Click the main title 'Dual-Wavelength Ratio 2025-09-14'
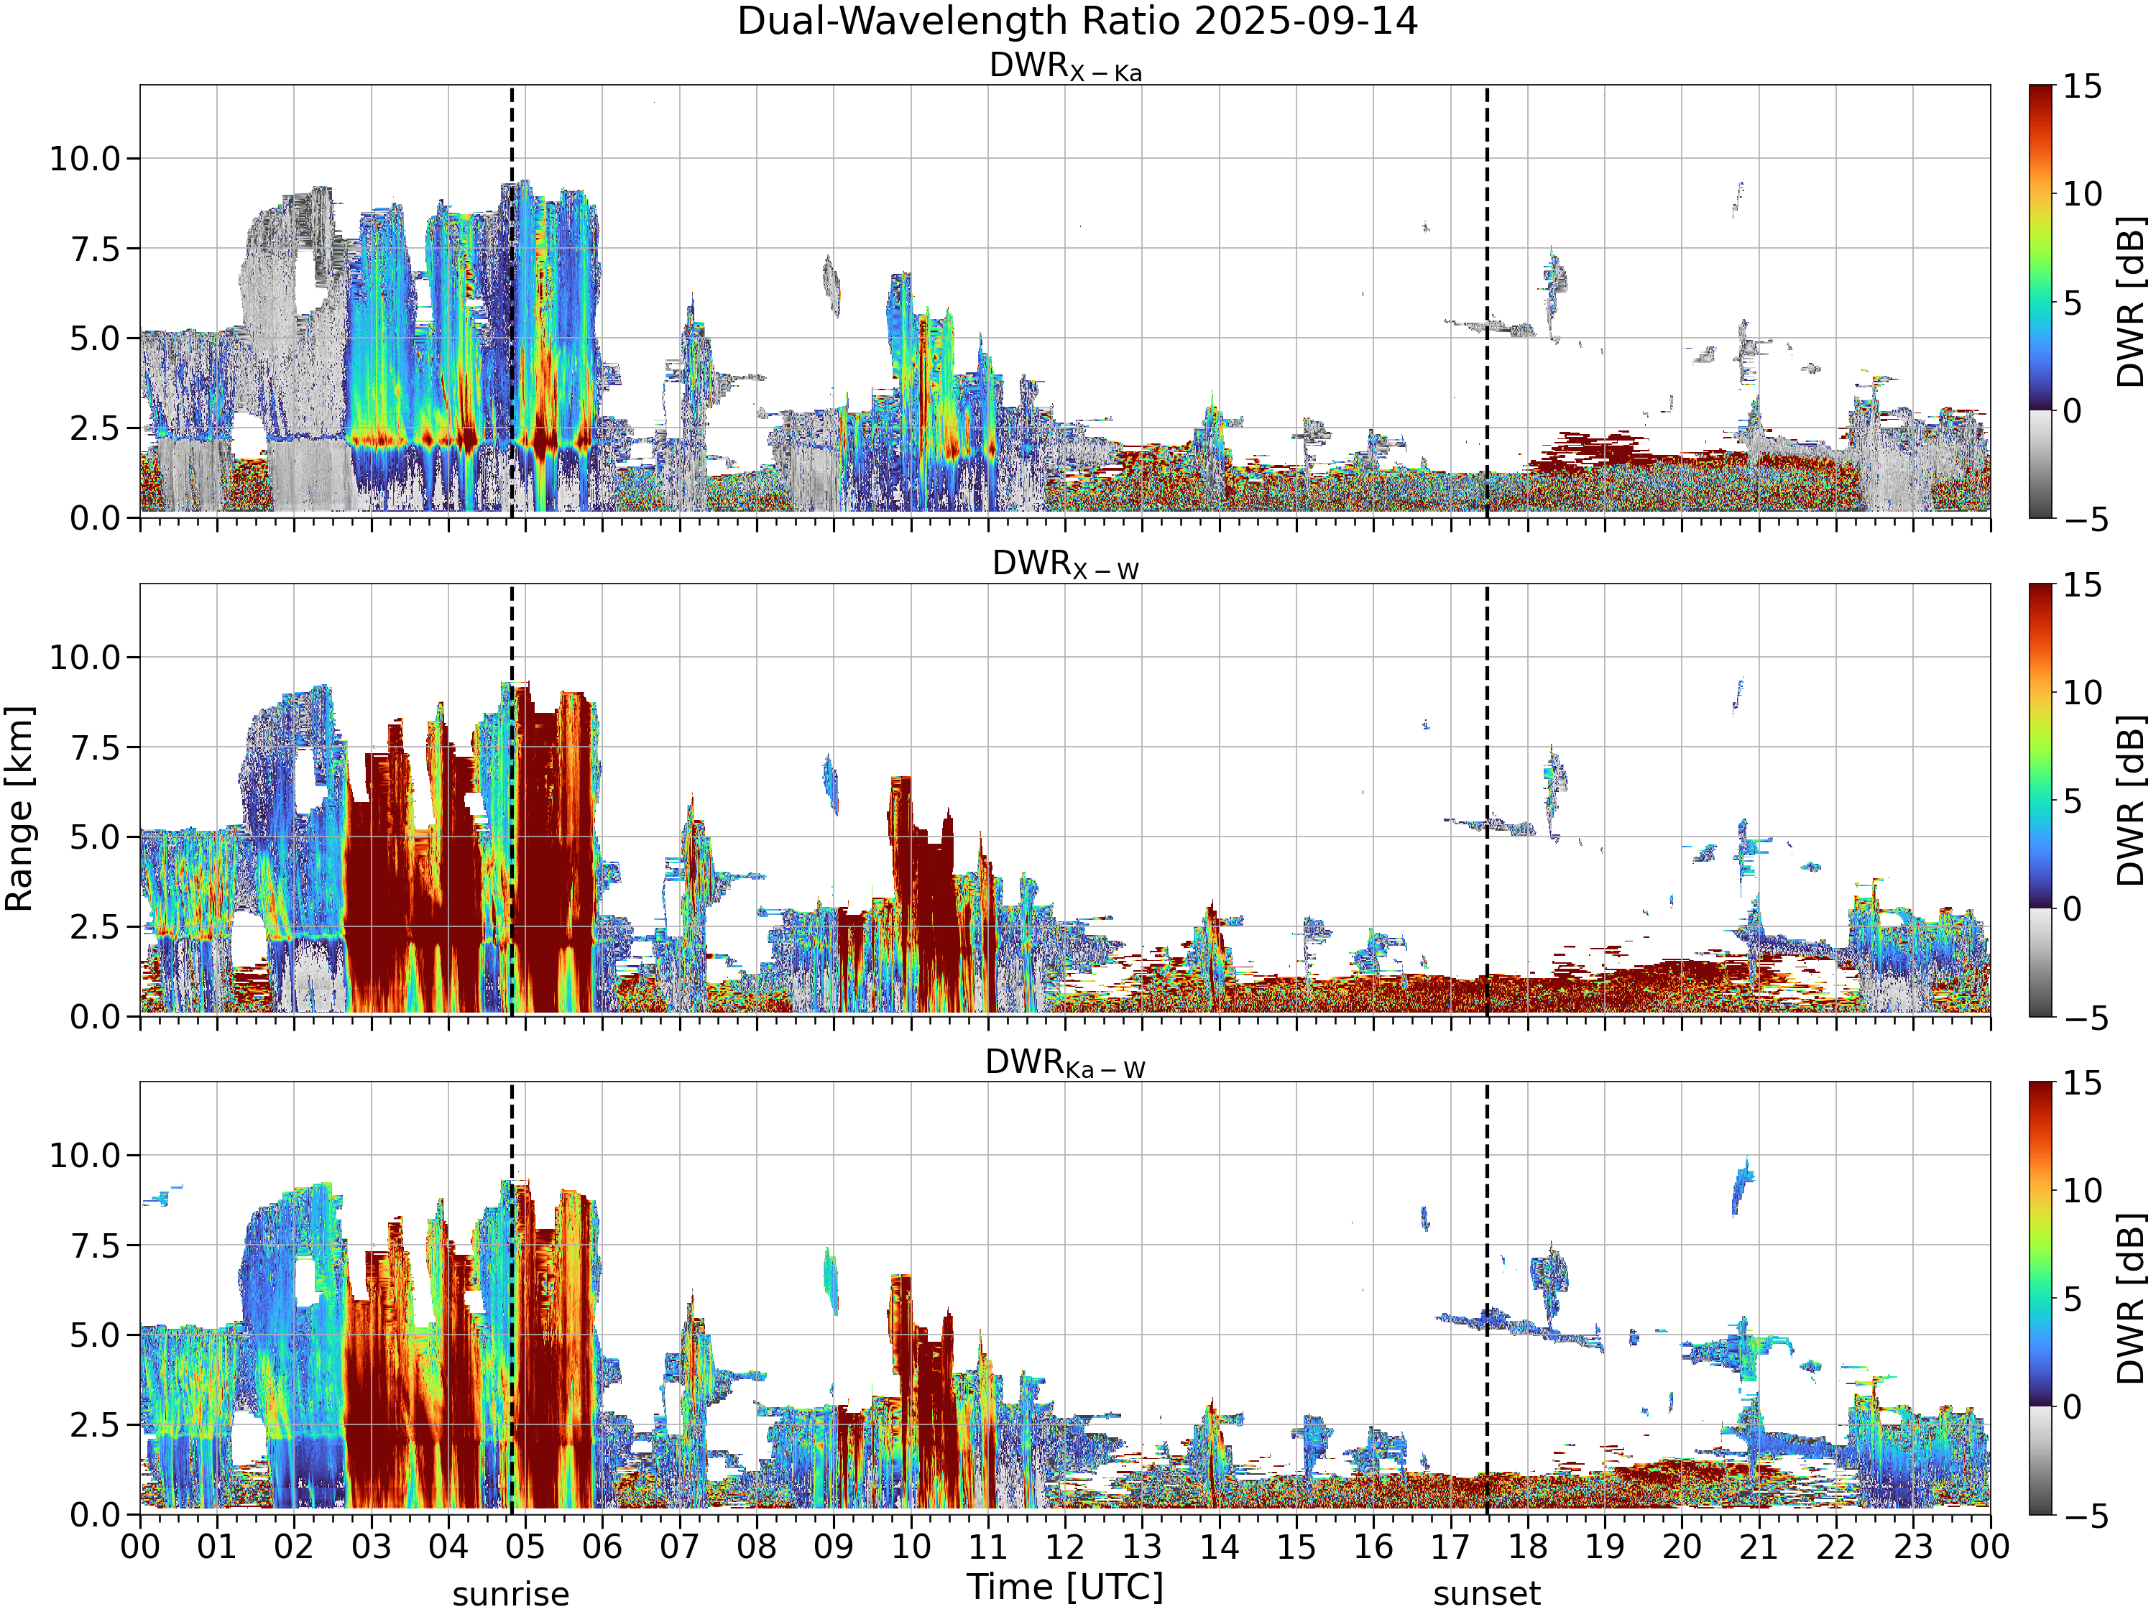1077,22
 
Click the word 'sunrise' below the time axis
511,1595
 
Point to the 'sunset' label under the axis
1486,1595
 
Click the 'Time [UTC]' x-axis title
1065,1587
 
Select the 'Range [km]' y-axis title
19,809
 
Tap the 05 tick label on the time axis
525,1547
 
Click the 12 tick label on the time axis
1065,1547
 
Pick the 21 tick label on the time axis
1759,1547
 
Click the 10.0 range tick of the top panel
85,158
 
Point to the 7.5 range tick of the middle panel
96,747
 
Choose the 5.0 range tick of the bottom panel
96,1335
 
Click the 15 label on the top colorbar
2082,87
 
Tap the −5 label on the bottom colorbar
2085,1516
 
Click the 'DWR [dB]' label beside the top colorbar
2132,302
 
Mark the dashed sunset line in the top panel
1486,301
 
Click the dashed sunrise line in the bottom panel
511,1299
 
